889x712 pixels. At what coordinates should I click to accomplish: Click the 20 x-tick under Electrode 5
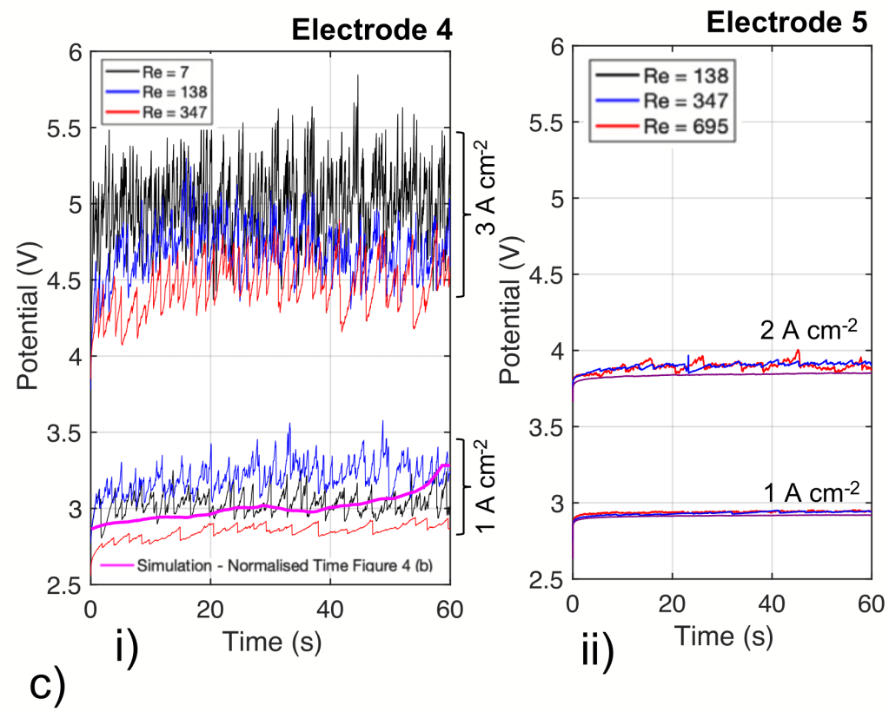coord(672,603)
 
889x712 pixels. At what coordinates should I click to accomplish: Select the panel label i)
coord(127,650)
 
